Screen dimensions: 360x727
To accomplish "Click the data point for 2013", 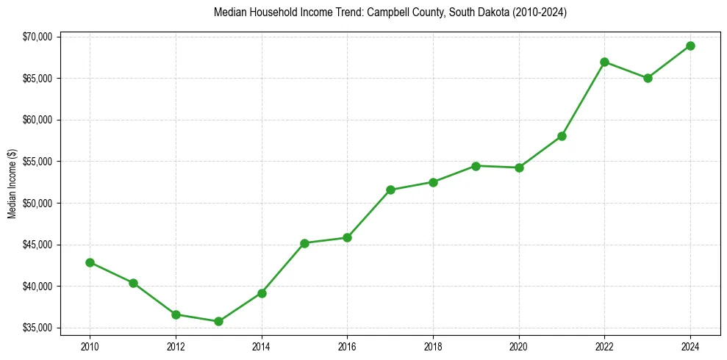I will point(218,321).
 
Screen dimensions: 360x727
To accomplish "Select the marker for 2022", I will point(604,62).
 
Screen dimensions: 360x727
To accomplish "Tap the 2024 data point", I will point(690,46).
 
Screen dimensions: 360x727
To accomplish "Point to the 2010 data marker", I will point(90,262).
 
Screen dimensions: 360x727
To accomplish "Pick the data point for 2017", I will point(390,190).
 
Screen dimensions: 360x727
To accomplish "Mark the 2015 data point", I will point(304,243).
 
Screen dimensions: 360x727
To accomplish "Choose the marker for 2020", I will point(519,168).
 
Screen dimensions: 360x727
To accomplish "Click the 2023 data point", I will point(648,78).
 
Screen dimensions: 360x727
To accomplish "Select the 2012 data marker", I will point(176,314).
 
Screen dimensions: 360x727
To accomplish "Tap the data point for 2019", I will point(476,166).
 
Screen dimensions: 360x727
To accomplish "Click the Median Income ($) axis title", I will point(12,182).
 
